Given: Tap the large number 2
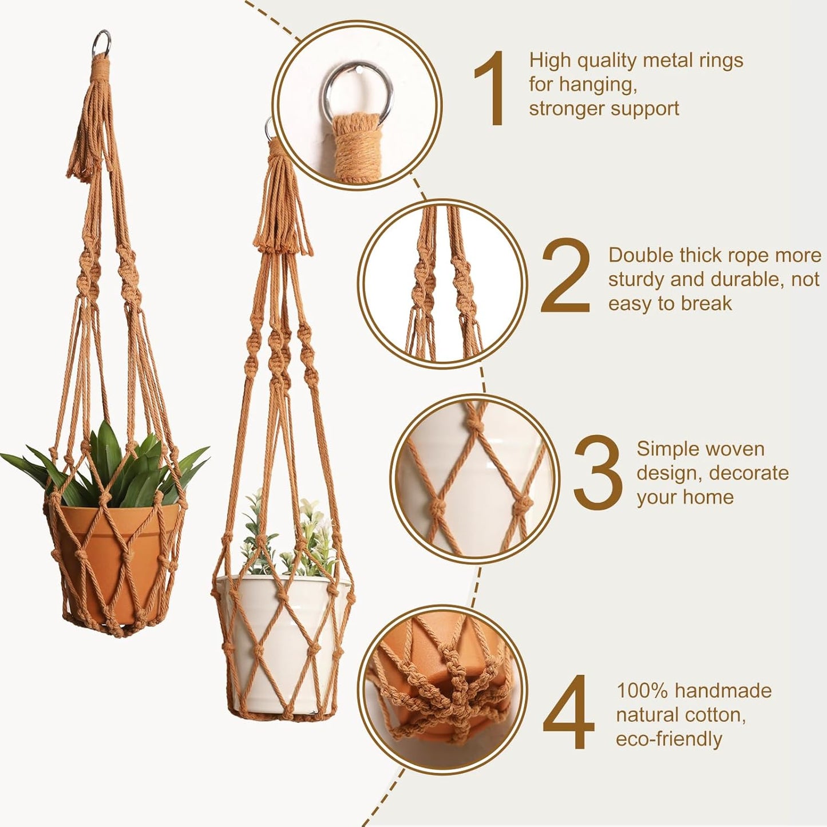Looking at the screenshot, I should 565,276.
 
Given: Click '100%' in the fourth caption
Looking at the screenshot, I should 642,691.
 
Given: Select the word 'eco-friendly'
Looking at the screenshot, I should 669,739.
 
